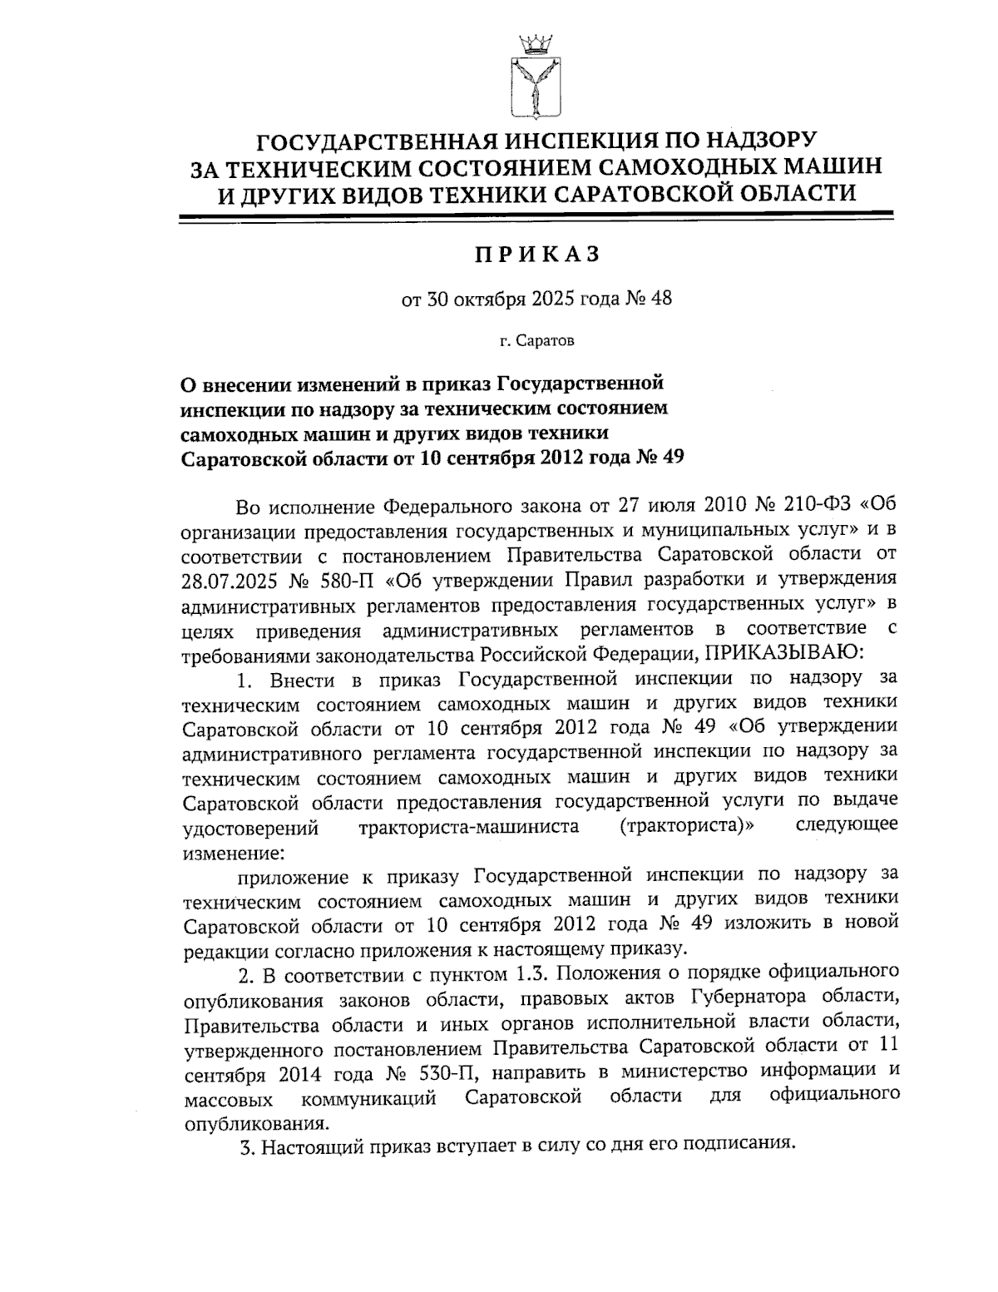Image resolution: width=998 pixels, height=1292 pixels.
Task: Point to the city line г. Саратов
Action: coord(536,340)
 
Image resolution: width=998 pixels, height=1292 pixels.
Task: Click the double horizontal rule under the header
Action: coord(536,217)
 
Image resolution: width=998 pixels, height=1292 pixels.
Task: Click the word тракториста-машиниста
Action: coord(470,827)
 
